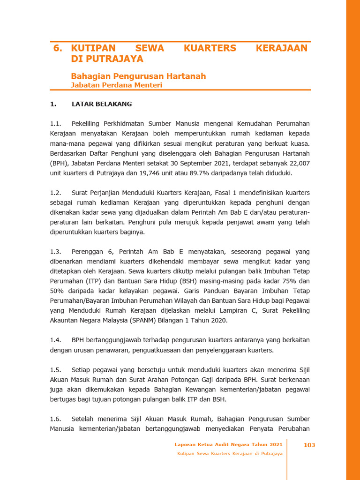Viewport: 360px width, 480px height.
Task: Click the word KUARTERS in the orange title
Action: point(210,48)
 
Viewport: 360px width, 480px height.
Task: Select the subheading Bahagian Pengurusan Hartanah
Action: point(138,76)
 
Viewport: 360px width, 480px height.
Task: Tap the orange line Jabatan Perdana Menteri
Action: point(116,85)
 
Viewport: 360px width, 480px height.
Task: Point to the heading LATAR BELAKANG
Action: point(102,104)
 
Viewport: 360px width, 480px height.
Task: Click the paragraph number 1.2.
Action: point(56,193)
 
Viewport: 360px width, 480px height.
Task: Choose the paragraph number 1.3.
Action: point(56,252)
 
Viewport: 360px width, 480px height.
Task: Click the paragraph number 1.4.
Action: point(56,340)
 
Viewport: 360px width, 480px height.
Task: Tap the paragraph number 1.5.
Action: point(56,369)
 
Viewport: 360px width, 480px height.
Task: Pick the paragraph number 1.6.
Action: point(56,419)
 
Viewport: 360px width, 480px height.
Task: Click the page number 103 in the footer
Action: point(309,445)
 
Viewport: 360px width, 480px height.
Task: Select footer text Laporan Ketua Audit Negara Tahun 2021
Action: point(228,444)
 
